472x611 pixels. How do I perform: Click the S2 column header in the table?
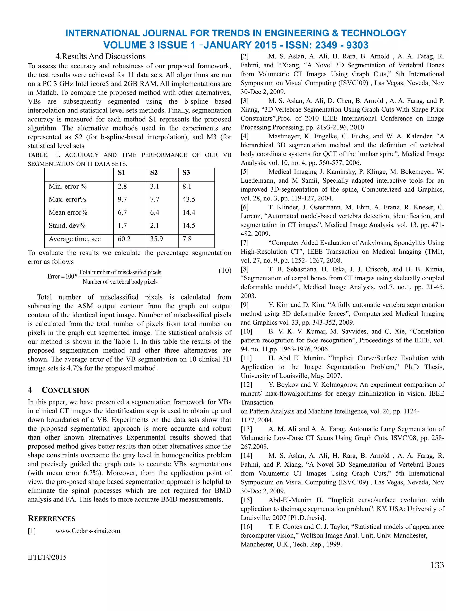(154, 173)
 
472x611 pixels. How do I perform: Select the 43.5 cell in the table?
(189, 199)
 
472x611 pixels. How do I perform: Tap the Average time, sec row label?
(75, 239)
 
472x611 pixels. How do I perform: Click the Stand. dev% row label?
(67, 225)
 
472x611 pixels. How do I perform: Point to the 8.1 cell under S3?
(187, 186)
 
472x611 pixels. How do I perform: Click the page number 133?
(437, 565)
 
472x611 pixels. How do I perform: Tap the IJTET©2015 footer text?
(47, 557)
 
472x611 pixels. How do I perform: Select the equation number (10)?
(225, 270)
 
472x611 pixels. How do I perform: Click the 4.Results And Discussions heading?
(100, 56)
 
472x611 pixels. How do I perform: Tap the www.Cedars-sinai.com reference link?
(88, 531)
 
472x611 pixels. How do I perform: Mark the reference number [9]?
(245, 305)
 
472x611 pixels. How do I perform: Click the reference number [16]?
(246, 527)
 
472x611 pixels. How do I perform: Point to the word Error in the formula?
(53, 277)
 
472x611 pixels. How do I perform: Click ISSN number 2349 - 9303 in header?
(342, 45)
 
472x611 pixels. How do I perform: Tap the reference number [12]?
(246, 385)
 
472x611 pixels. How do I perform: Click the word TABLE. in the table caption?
(38, 155)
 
